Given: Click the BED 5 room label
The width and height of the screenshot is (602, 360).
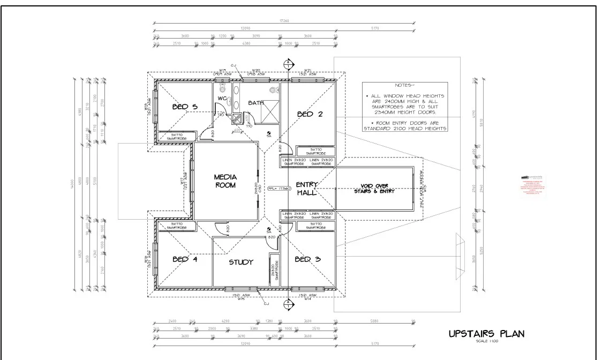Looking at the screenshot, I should (x=185, y=107).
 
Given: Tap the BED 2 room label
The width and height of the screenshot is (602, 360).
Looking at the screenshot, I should (x=309, y=114).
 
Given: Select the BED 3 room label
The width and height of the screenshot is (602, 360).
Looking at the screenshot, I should (x=308, y=260).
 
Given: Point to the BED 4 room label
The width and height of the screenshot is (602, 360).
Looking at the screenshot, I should (x=185, y=260).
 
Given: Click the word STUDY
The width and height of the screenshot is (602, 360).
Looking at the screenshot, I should (x=241, y=262).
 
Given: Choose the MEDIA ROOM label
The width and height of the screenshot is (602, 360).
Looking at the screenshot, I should (x=225, y=181).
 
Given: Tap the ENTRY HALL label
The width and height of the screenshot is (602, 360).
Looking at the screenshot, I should (x=307, y=189).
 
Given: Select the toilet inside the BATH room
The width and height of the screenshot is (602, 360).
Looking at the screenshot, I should (x=275, y=89).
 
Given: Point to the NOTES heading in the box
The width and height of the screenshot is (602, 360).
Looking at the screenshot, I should (x=404, y=86).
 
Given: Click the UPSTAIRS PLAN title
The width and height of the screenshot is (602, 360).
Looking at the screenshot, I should (x=486, y=334).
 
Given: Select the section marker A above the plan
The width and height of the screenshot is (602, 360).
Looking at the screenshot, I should (x=288, y=63).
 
